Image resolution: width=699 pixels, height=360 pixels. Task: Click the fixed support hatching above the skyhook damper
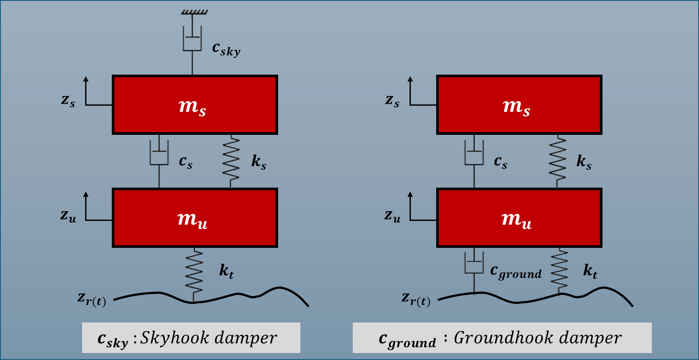point(195,12)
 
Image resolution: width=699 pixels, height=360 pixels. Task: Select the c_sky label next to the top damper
point(226,49)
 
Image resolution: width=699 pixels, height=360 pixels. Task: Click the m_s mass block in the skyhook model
point(195,105)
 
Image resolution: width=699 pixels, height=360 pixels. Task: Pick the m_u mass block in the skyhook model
point(195,218)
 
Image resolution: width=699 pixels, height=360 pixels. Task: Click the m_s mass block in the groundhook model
point(519,105)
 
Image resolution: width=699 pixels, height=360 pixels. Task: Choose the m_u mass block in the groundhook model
point(519,218)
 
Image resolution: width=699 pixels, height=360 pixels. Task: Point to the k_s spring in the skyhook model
point(231,161)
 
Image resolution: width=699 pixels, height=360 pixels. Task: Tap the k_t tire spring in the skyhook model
point(194,274)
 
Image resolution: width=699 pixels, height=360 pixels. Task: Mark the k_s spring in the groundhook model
point(558,161)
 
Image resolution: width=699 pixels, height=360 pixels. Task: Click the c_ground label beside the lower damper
point(516,272)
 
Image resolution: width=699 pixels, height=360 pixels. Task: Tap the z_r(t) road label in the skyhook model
point(92,299)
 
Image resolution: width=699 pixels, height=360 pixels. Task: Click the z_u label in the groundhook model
point(392,216)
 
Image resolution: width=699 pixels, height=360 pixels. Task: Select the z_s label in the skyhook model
point(68,100)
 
